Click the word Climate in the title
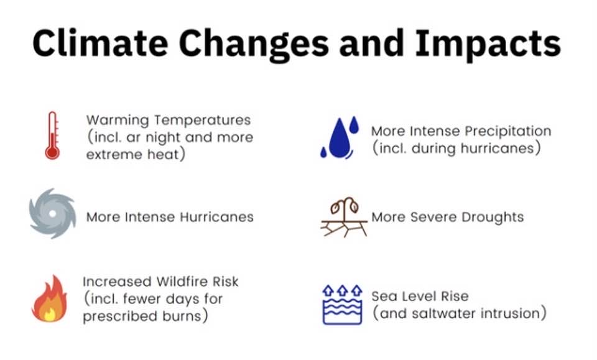tap(100, 43)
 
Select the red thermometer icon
tap(52, 136)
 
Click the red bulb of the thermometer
tap(52, 152)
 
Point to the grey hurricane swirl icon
tap(52, 213)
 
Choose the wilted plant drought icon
tap(344, 217)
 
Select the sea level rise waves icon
tap(342, 305)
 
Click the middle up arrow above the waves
tap(343, 290)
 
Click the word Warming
tap(118, 121)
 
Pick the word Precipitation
tap(508, 131)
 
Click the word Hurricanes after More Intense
tap(216, 217)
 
